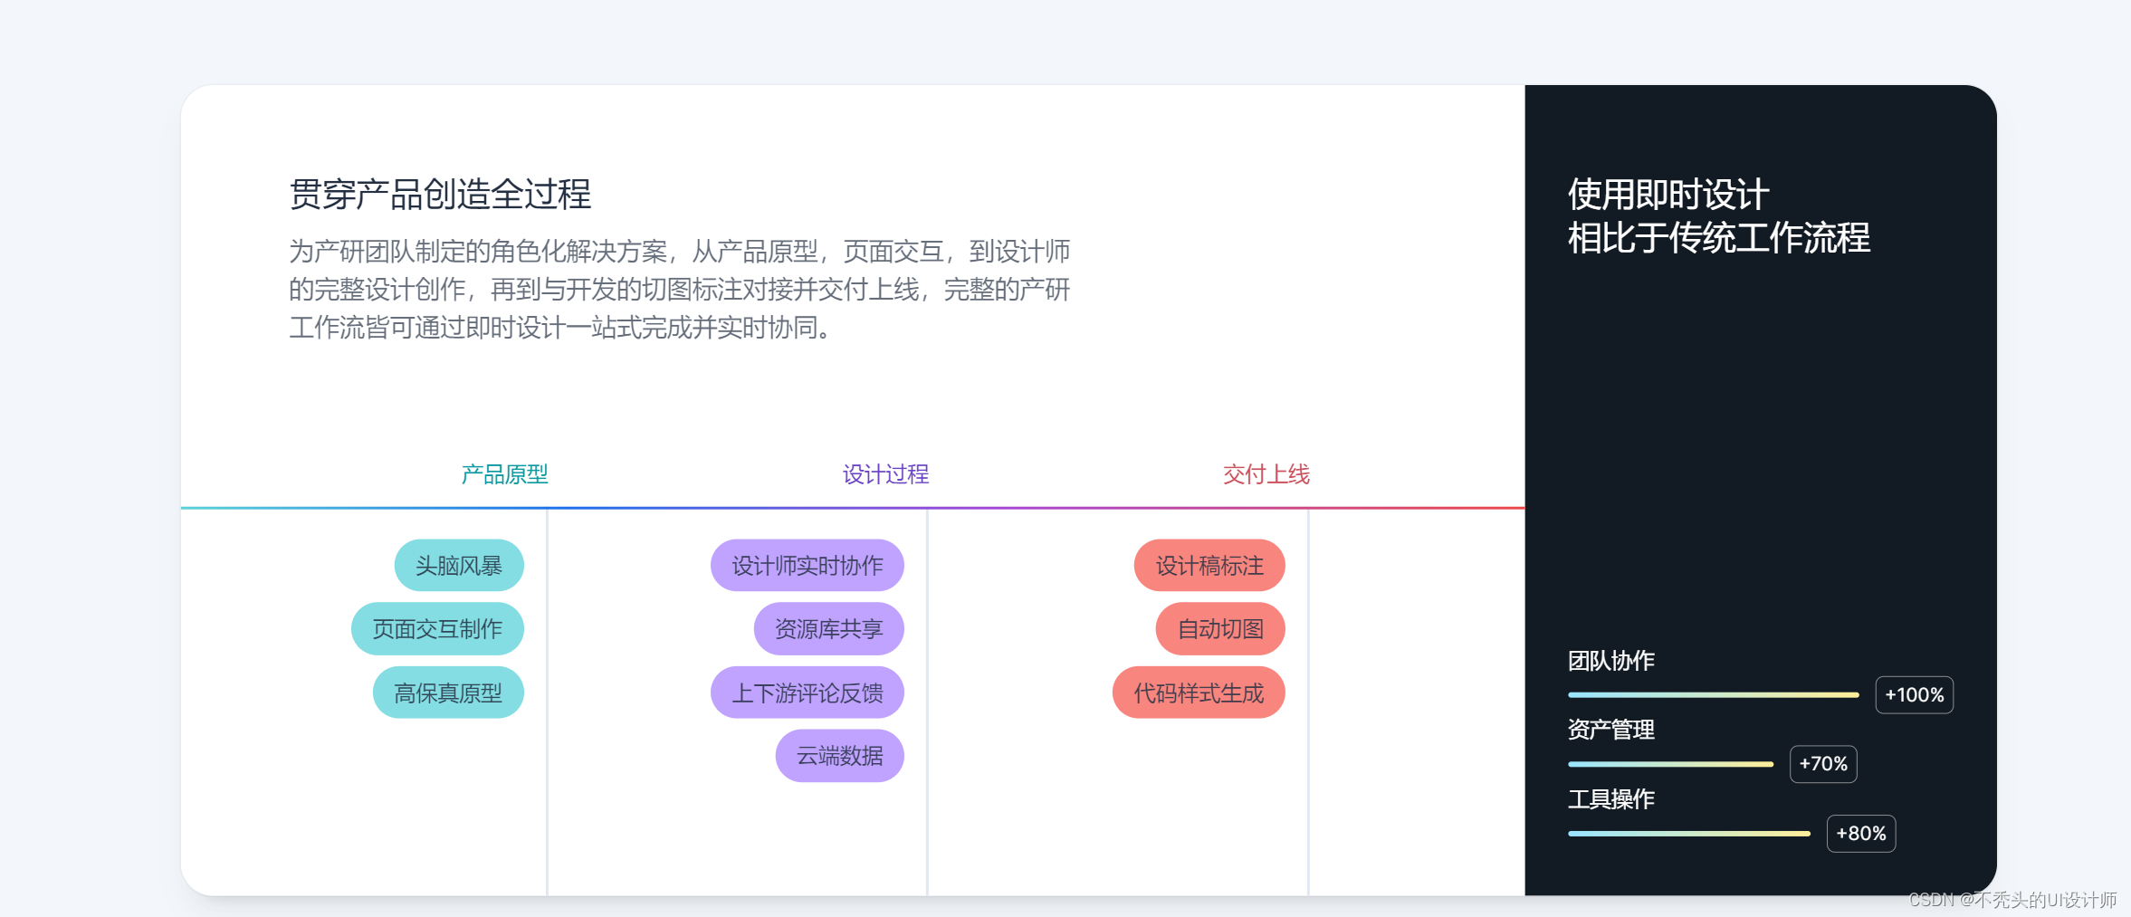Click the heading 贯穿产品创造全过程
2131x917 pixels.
tap(440, 195)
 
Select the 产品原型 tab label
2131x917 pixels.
tap(504, 474)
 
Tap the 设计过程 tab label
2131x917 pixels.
tap(885, 474)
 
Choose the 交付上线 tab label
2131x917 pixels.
tap(1266, 474)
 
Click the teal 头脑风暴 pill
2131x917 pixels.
tap(459, 566)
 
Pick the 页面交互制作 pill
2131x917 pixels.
tap(437, 629)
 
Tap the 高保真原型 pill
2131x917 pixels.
tap(448, 693)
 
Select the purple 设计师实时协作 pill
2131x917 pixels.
tap(807, 566)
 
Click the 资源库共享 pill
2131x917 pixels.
tap(828, 629)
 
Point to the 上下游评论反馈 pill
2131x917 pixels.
tap(807, 693)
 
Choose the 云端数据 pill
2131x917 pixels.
tap(839, 756)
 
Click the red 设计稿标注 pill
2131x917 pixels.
tap(1209, 566)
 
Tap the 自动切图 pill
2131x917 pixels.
tap(1220, 629)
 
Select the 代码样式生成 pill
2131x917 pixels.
tap(1199, 693)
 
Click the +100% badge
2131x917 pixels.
tap(1914, 695)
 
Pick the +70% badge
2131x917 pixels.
tap(1823, 764)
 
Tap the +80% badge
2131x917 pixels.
tap(1860, 834)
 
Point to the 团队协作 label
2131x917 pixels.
tap(1610, 661)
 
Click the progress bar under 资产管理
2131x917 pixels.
tap(1670, 764)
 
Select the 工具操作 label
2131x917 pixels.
tap(1610, 799)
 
